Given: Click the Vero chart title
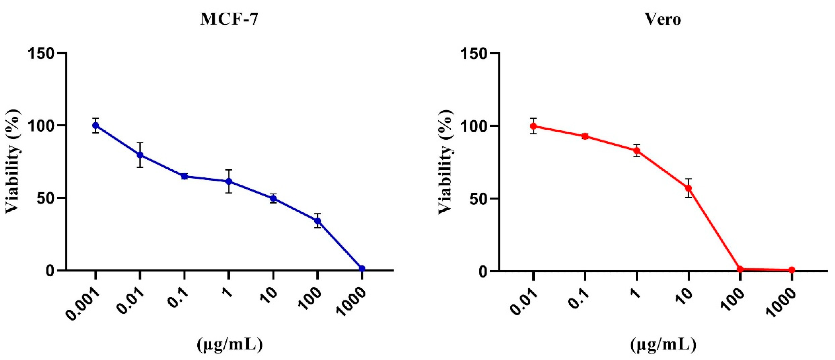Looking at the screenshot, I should click(x=663, y=20).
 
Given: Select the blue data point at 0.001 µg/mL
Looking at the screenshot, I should click(x=96, y=125).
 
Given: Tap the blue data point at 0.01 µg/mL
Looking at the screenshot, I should click(x=140, y=155).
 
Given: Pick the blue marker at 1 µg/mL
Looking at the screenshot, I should click(x=229, y=181).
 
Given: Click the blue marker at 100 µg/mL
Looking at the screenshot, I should click(x=318, y=221).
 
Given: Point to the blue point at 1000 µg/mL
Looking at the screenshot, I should click(x=362, y=269).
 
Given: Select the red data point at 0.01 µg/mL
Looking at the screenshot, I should click(x=534, y=126).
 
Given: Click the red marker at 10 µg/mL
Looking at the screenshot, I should click(x=689, y=188).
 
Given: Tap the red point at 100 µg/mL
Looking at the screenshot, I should click(x=740, y=269).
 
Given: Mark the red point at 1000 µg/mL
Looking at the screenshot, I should click(x=792, y=270).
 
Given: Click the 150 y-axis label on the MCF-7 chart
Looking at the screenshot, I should click(x=41, y=53).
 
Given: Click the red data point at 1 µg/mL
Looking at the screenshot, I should click(x=637, y=151).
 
